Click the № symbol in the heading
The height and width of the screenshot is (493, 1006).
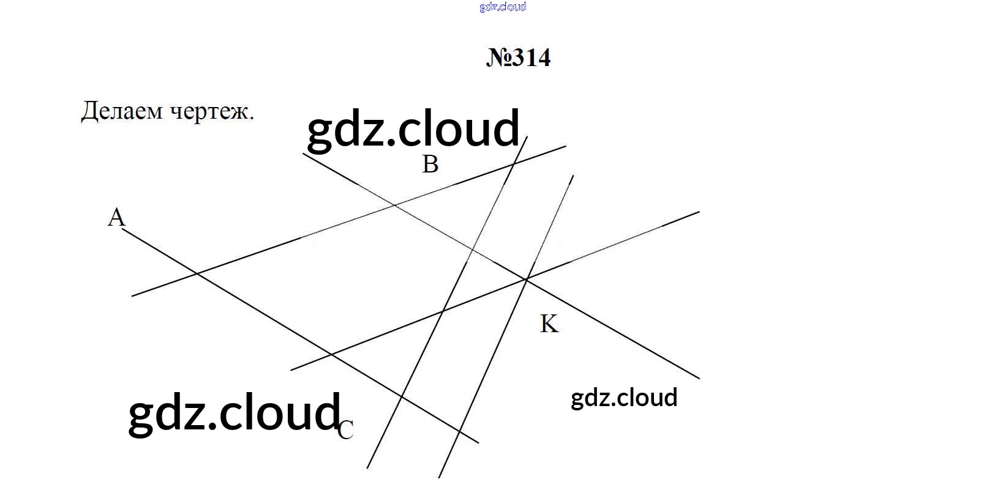tap(498, 58)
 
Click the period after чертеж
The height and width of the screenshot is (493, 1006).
tap(252, 118)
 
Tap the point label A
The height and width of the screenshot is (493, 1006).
tap(116, 217)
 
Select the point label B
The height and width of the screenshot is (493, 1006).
tap(430, 164)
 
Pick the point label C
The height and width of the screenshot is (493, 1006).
tap(346, 430)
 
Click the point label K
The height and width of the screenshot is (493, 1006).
tap(549, 324)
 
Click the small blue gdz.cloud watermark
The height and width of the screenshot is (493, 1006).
tap(503, 7)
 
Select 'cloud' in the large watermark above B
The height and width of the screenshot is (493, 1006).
tap(459, 127)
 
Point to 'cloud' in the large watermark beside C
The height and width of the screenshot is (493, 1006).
tap(279, 411)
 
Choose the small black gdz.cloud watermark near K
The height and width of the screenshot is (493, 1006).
tap(624, 398)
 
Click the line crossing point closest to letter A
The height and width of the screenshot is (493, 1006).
tap(197, 273)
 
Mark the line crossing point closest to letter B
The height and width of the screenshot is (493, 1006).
tap(394, 205)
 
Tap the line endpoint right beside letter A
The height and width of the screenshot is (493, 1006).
tap(122, 229)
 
